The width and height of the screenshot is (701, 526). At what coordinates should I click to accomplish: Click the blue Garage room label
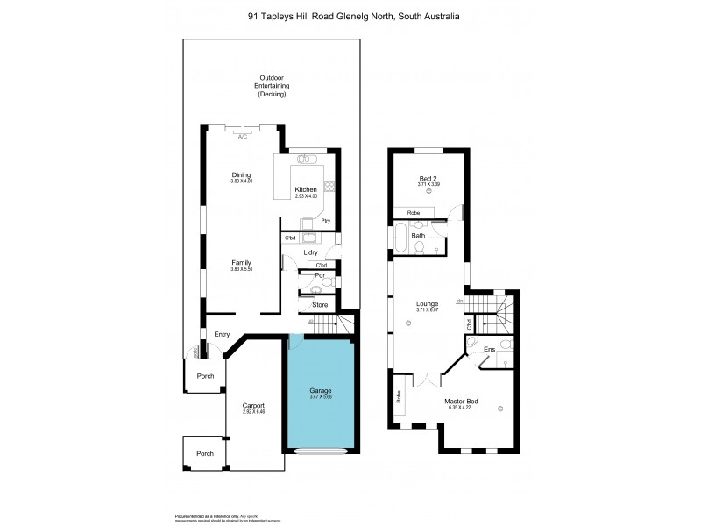click(320, 390)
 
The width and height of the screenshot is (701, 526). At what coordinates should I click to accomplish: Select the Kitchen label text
click(305, 190)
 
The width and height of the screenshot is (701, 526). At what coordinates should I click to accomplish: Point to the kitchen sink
click(306, 160)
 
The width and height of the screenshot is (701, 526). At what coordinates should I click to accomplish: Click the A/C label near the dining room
click(243, 137)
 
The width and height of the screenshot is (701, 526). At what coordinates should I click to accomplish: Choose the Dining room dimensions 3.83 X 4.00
click(241, 181)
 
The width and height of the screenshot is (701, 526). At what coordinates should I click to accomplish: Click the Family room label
click(241, 262)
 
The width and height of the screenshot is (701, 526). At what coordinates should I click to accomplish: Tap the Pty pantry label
click(325, 221)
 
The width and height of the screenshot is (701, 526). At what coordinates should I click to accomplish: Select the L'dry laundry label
click(309, 252)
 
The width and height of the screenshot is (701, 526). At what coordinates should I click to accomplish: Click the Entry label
click(222, 333)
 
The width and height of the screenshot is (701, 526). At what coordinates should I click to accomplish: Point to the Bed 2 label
click(429, 178)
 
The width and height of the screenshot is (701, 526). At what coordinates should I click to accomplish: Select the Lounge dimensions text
click(428, 310)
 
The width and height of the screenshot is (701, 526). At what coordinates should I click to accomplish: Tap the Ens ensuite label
click(489, 350)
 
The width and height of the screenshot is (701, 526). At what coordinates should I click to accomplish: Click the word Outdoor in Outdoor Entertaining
click(272, 77)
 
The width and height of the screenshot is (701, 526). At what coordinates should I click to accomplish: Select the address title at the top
click(350, 15)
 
